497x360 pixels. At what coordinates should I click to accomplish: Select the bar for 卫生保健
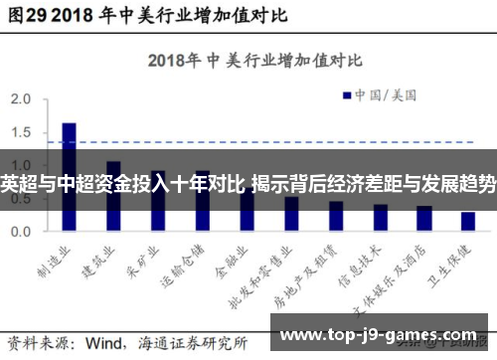467,221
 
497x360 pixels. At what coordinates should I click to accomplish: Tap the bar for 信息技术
380,217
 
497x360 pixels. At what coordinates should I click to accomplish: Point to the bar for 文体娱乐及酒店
423,218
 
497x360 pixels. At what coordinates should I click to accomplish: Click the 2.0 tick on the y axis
21,100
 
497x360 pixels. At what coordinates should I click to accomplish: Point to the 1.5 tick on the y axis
21,133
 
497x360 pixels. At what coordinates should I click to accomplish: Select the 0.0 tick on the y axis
21,231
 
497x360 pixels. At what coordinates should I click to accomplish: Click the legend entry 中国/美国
384,95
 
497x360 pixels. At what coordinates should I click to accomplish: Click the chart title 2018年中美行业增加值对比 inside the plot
244,60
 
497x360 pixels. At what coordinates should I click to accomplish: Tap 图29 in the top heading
24,16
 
